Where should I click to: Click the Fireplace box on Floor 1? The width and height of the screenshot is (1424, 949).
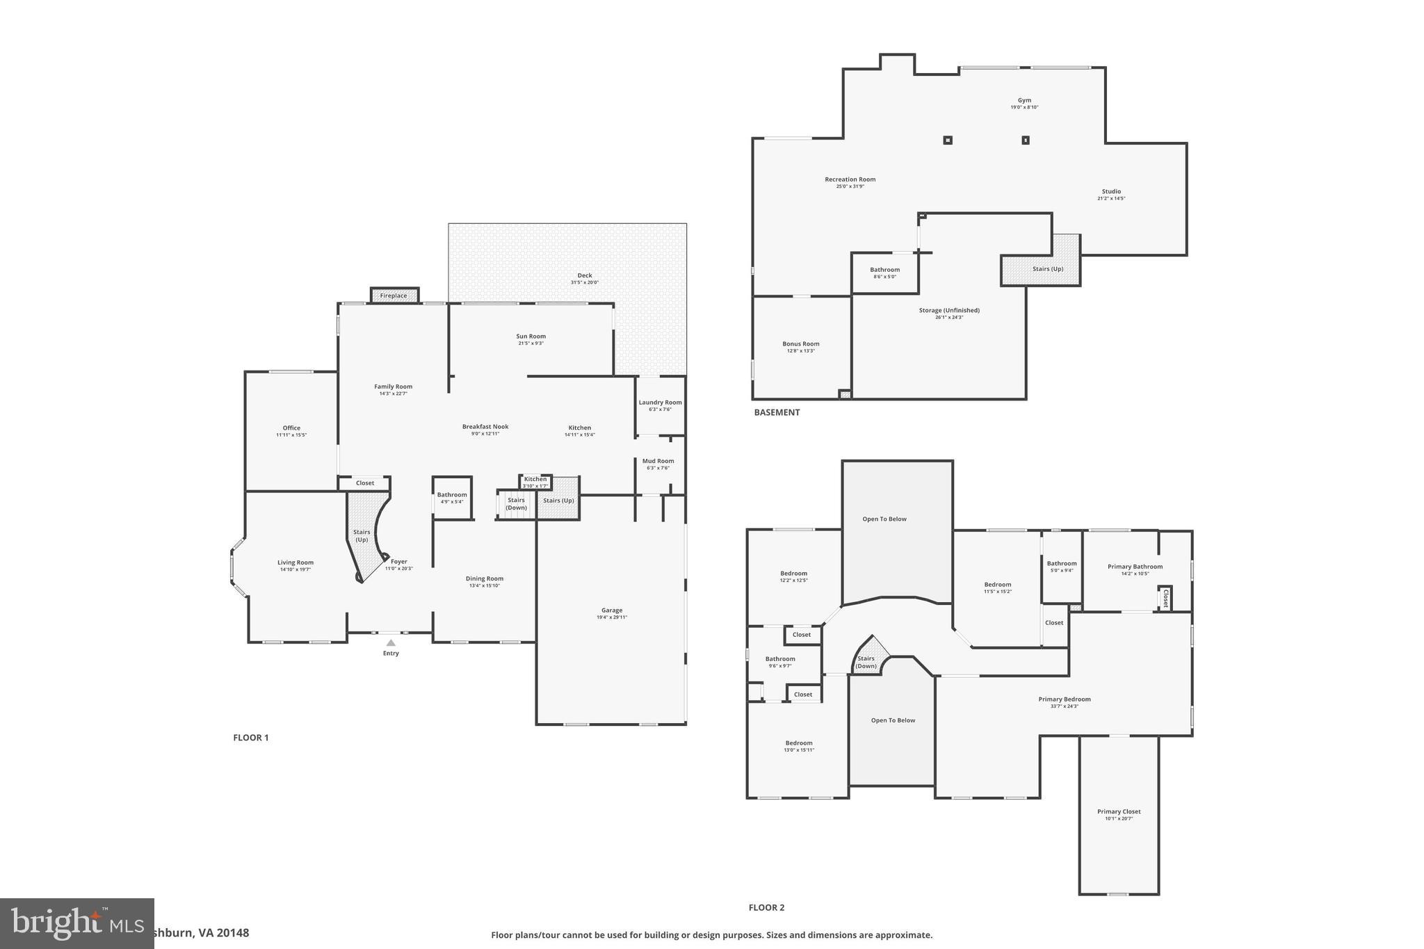(394, 295)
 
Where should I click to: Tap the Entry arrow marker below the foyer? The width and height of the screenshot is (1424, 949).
(391, 643)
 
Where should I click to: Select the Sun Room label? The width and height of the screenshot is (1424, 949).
(531, 336)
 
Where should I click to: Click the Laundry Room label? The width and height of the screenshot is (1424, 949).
(660, 402)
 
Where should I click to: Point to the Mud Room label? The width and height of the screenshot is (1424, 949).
(658, 460)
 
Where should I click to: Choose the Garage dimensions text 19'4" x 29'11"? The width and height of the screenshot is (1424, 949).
(612, 617)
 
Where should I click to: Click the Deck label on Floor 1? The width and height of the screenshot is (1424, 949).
(584, 275)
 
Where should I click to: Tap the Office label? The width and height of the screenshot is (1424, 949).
(291, 428)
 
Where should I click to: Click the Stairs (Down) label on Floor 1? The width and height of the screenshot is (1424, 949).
(516, 503)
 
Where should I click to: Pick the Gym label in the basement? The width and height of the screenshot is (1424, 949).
(1024, 100)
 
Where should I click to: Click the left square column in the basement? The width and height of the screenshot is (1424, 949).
(947, 140)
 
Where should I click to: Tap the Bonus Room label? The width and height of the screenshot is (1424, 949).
(800, 343)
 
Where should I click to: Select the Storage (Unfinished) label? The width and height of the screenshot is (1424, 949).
(948, 310)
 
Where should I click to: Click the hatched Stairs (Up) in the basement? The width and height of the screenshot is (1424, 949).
(1047, 268)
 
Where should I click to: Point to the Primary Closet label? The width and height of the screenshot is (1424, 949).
(1118, 811)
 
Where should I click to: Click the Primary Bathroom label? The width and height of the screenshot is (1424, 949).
(1134, 566)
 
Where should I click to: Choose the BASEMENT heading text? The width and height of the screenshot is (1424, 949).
(777, 412)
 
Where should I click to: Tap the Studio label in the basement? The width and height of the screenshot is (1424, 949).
(1111, 191)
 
